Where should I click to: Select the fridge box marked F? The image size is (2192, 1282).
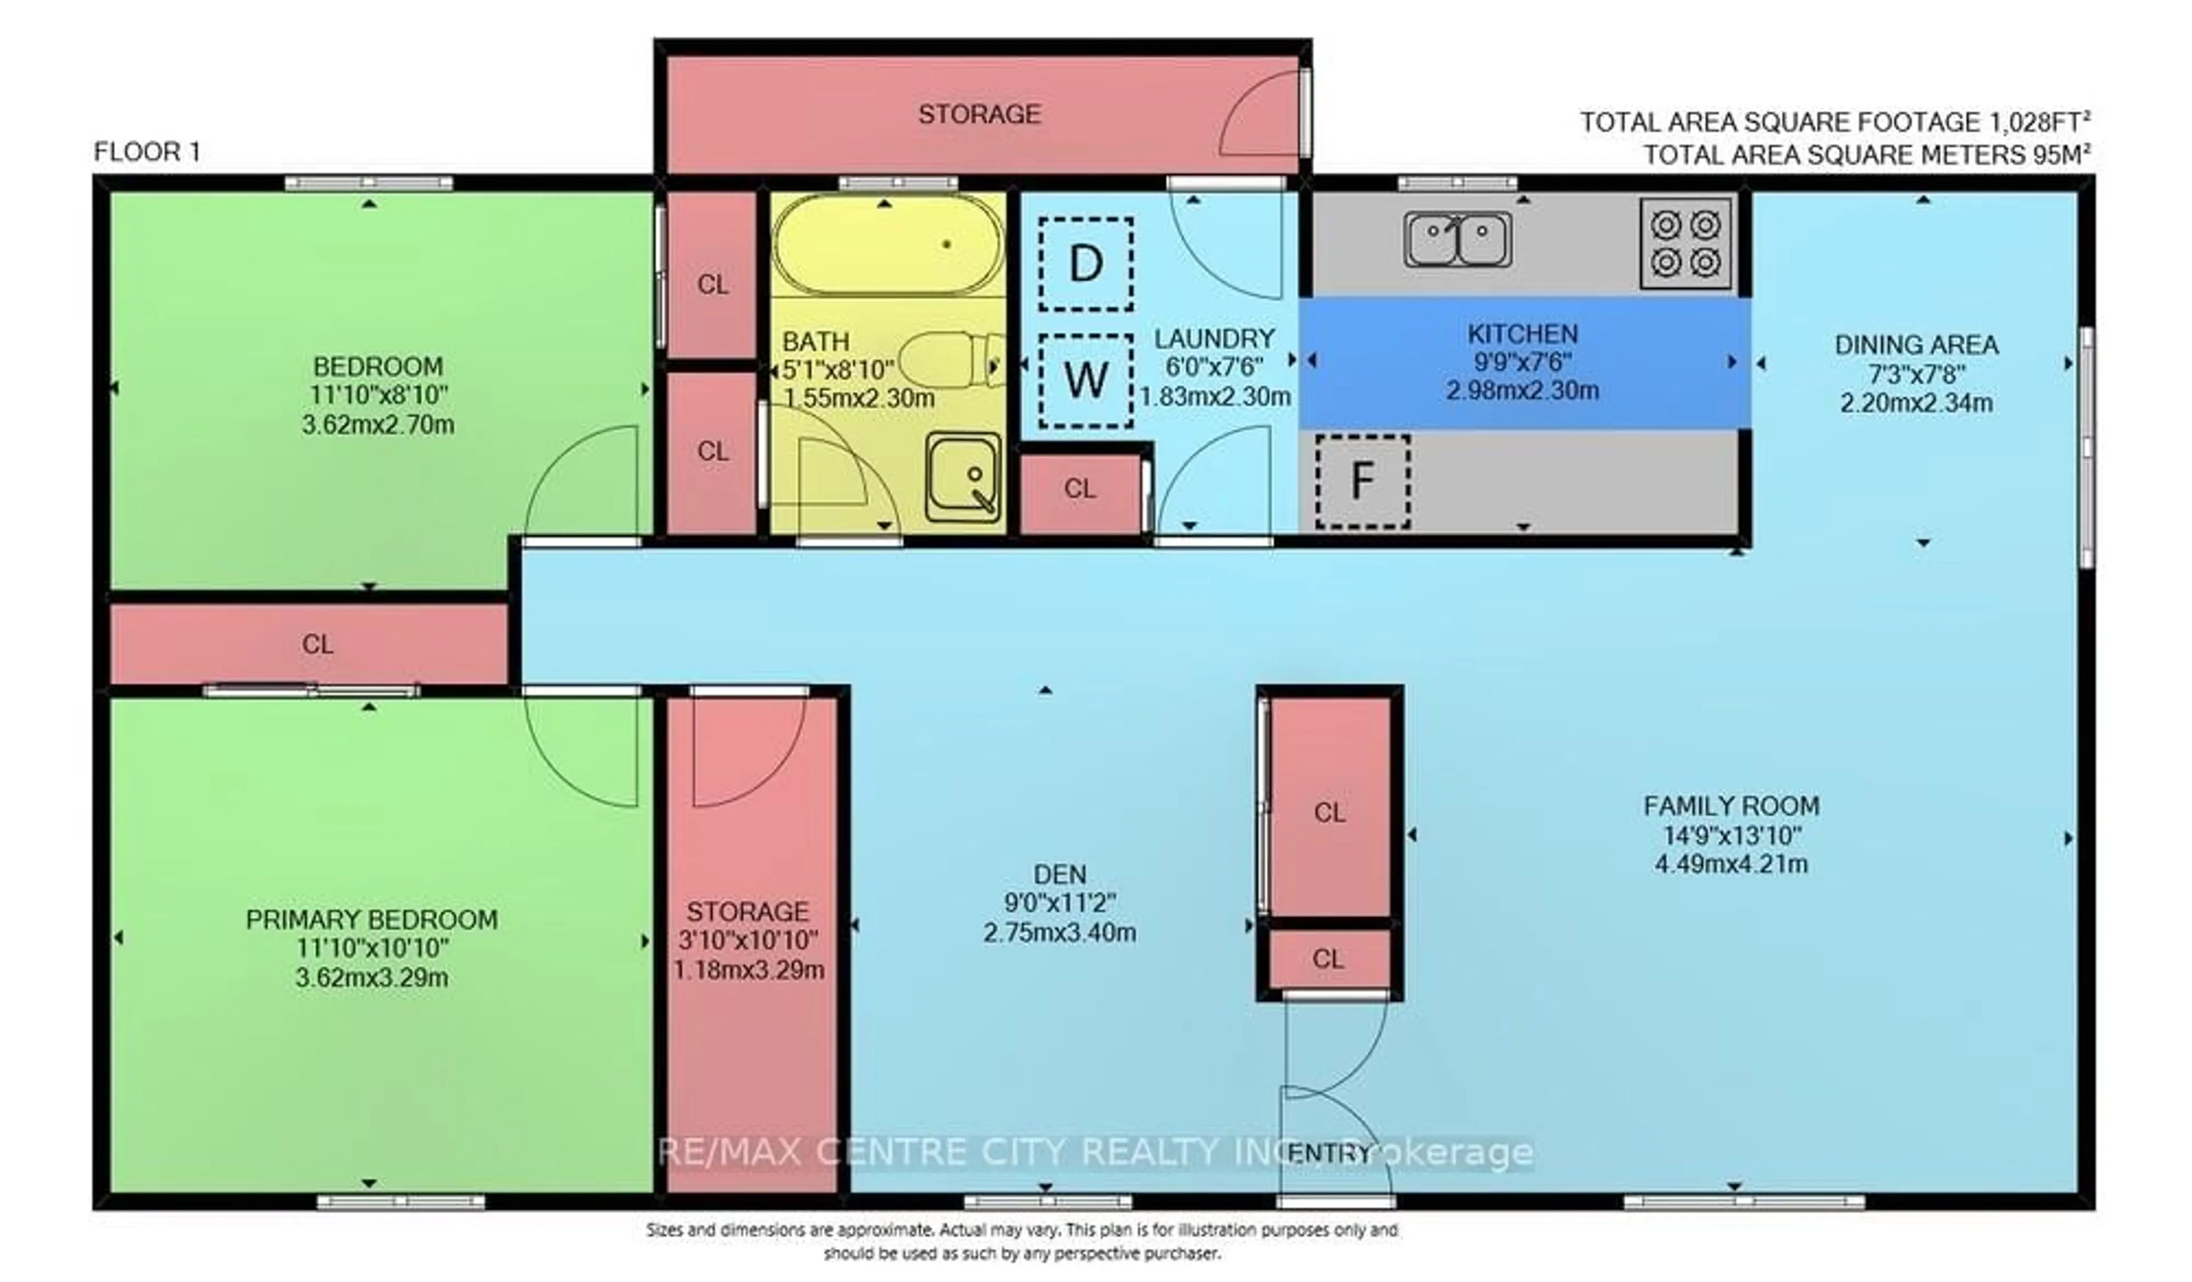[1361, 481]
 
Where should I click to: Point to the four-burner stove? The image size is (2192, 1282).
[1685, 244]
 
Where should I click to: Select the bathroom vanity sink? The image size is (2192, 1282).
[963, 478]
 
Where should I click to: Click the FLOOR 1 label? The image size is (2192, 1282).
[147, 152]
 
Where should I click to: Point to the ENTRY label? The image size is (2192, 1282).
[1328, 1153]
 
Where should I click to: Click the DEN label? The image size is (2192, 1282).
[1059, 874]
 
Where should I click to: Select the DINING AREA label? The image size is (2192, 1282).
[1916, 345]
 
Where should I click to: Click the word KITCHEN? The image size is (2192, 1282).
[1522, 334]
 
